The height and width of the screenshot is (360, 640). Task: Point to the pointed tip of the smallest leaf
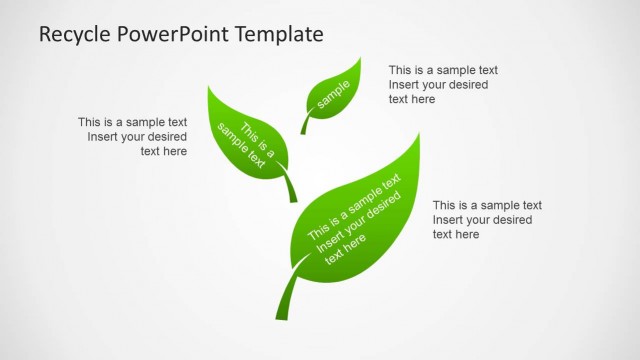coord(360,58)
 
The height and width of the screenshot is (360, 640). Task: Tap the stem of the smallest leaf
coord(305,125)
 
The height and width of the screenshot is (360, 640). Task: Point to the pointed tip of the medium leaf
coord(209,87)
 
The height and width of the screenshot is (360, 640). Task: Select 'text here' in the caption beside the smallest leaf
coord(411,99)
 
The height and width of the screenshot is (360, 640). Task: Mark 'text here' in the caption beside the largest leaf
coord(455,234)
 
